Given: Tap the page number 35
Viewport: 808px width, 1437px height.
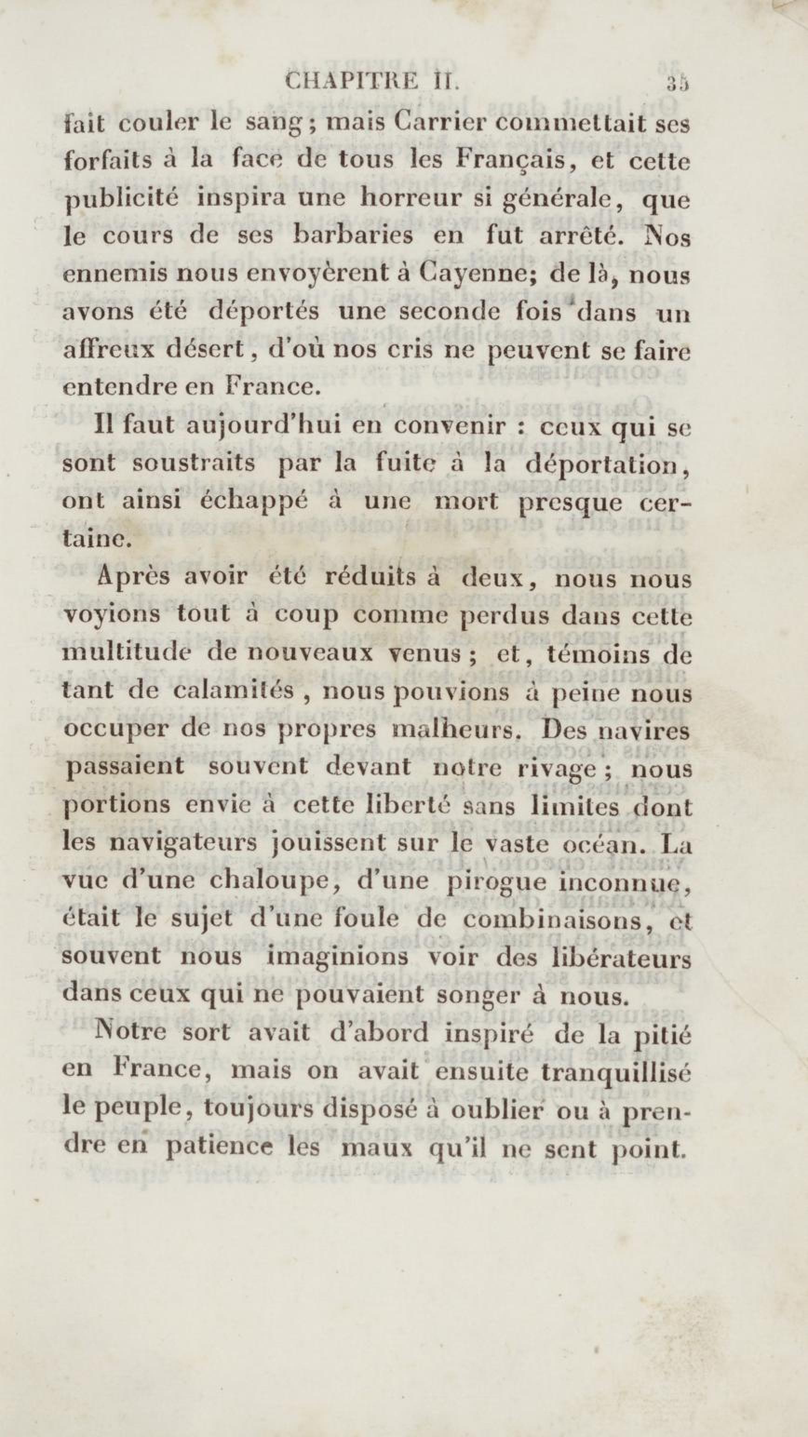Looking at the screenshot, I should tap(677, 83).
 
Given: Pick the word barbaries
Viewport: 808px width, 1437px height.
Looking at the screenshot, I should tap(354, 236).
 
